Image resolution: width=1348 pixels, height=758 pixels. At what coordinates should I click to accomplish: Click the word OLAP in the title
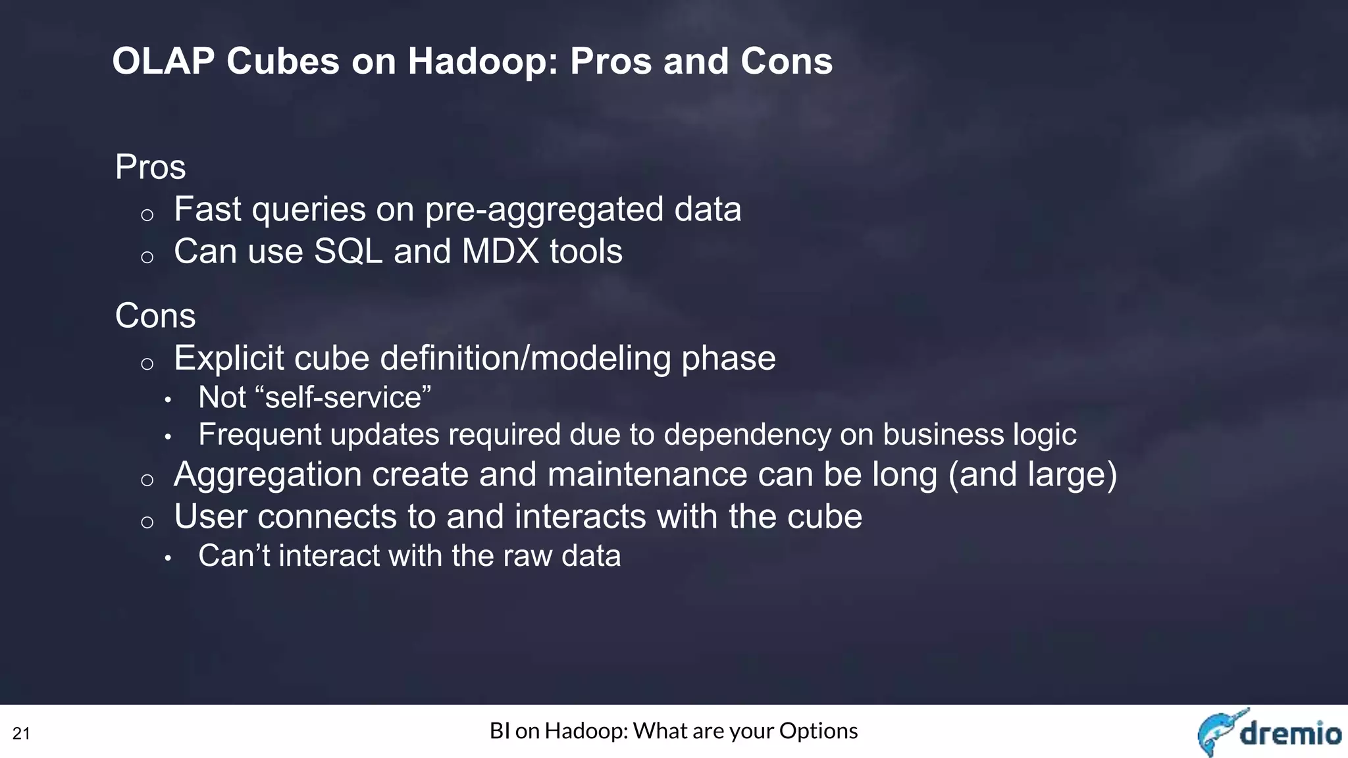click(x=163, y=62)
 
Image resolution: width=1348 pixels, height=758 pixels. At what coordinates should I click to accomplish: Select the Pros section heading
click(x=150, y=167)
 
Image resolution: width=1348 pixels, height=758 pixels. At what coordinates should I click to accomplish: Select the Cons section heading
click(x=155, y=316)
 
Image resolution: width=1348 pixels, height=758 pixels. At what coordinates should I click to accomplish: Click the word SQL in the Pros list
click(x=348, y=252)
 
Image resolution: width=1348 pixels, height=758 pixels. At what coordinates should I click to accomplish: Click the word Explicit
click(x=229, y=359)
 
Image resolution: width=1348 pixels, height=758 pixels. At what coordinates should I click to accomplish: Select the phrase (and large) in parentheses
click(x=1032, y=475)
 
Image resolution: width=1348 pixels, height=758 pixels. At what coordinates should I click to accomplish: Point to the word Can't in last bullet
click(x=234, y=556)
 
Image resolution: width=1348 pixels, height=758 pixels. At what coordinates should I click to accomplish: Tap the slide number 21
click(x=21, y=734)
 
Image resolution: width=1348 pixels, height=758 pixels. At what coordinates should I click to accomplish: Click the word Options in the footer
click(x=818, y=731)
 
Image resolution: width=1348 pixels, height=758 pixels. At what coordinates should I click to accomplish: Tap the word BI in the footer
click(x=500, y=731)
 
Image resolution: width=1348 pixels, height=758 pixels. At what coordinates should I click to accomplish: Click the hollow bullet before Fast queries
click(x=147, y=215)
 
